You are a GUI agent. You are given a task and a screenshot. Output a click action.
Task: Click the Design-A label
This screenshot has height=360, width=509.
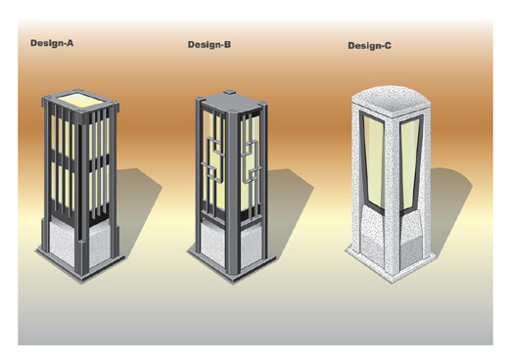(x=52, y=43)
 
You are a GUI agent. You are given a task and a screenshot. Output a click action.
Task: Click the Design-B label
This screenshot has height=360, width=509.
(x=209, y=44)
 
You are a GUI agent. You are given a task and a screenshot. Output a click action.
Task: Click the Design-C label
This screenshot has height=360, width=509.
(x=369, y=46)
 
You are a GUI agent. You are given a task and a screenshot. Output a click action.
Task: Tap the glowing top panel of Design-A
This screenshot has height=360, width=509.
(x=81, y=100)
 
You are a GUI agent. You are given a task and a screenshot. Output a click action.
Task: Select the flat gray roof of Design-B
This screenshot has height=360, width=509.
(x=231, y=103)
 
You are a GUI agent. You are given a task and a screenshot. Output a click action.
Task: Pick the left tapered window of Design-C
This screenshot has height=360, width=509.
(x=373, y=159)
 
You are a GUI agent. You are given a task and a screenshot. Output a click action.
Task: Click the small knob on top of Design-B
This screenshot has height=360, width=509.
(x=230, y=92)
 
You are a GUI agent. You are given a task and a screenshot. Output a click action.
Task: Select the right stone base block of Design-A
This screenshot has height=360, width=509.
(x=100, y=243)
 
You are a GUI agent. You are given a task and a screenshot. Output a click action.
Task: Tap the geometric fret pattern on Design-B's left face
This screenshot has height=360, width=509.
(x=212, y=159)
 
